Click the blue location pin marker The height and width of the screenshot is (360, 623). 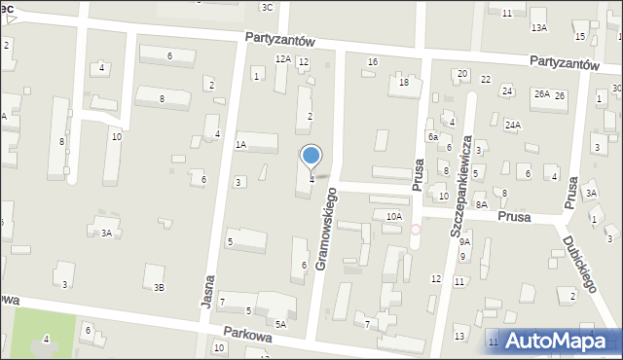311,156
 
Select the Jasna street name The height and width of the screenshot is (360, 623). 209,289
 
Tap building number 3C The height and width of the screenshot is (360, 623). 267,7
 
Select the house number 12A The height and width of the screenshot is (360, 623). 283,59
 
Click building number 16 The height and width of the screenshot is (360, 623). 372,62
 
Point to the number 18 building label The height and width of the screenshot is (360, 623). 404,83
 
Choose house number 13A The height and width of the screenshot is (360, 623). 538,28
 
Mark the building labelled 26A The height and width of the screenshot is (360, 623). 541,94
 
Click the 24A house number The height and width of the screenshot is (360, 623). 513,125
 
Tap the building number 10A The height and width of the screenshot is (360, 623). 393,216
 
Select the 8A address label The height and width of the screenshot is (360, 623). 481,204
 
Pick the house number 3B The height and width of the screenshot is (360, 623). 159,287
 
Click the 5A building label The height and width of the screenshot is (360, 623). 280,324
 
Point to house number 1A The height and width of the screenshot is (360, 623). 240,144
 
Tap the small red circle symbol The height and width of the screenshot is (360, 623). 416,230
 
